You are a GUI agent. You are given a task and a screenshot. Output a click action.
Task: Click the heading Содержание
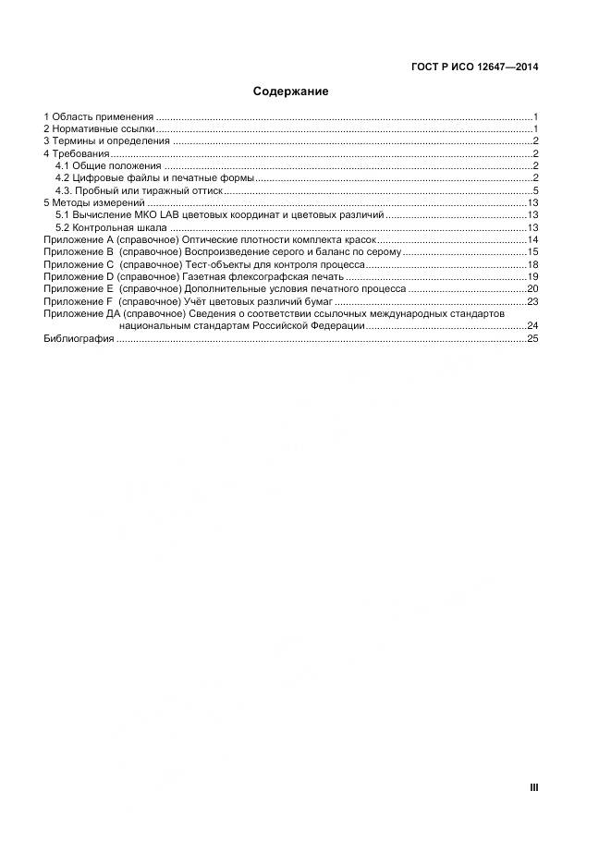[291, 91]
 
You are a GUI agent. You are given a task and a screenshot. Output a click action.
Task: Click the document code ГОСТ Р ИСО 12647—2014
[474, 67]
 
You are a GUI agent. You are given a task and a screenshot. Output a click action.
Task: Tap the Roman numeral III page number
[533, 787]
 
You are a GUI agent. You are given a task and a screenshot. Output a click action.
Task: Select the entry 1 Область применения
[99, 116]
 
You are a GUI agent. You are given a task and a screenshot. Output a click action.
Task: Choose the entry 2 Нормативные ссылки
[99, 128]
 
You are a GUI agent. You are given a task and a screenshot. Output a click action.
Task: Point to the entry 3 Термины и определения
[107, 140]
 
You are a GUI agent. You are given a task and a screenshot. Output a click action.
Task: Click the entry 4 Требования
[77, 153]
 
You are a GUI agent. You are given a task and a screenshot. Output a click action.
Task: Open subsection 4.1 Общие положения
[108, 165]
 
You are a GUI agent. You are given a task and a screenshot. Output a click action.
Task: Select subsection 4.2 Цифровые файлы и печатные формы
[154, 177]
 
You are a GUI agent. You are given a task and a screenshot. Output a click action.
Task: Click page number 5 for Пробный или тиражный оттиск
[535, 190]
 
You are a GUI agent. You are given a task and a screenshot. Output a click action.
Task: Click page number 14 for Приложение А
[532, 239]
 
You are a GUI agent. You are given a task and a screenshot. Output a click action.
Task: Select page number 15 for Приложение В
[532, 251]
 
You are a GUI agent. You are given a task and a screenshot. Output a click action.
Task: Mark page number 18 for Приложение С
[532, 264]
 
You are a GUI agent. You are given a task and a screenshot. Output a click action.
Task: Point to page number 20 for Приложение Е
[532, 288]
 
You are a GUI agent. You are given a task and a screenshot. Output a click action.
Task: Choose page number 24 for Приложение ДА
[532, 326]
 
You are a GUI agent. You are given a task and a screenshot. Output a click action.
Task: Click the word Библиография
[79, 339]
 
